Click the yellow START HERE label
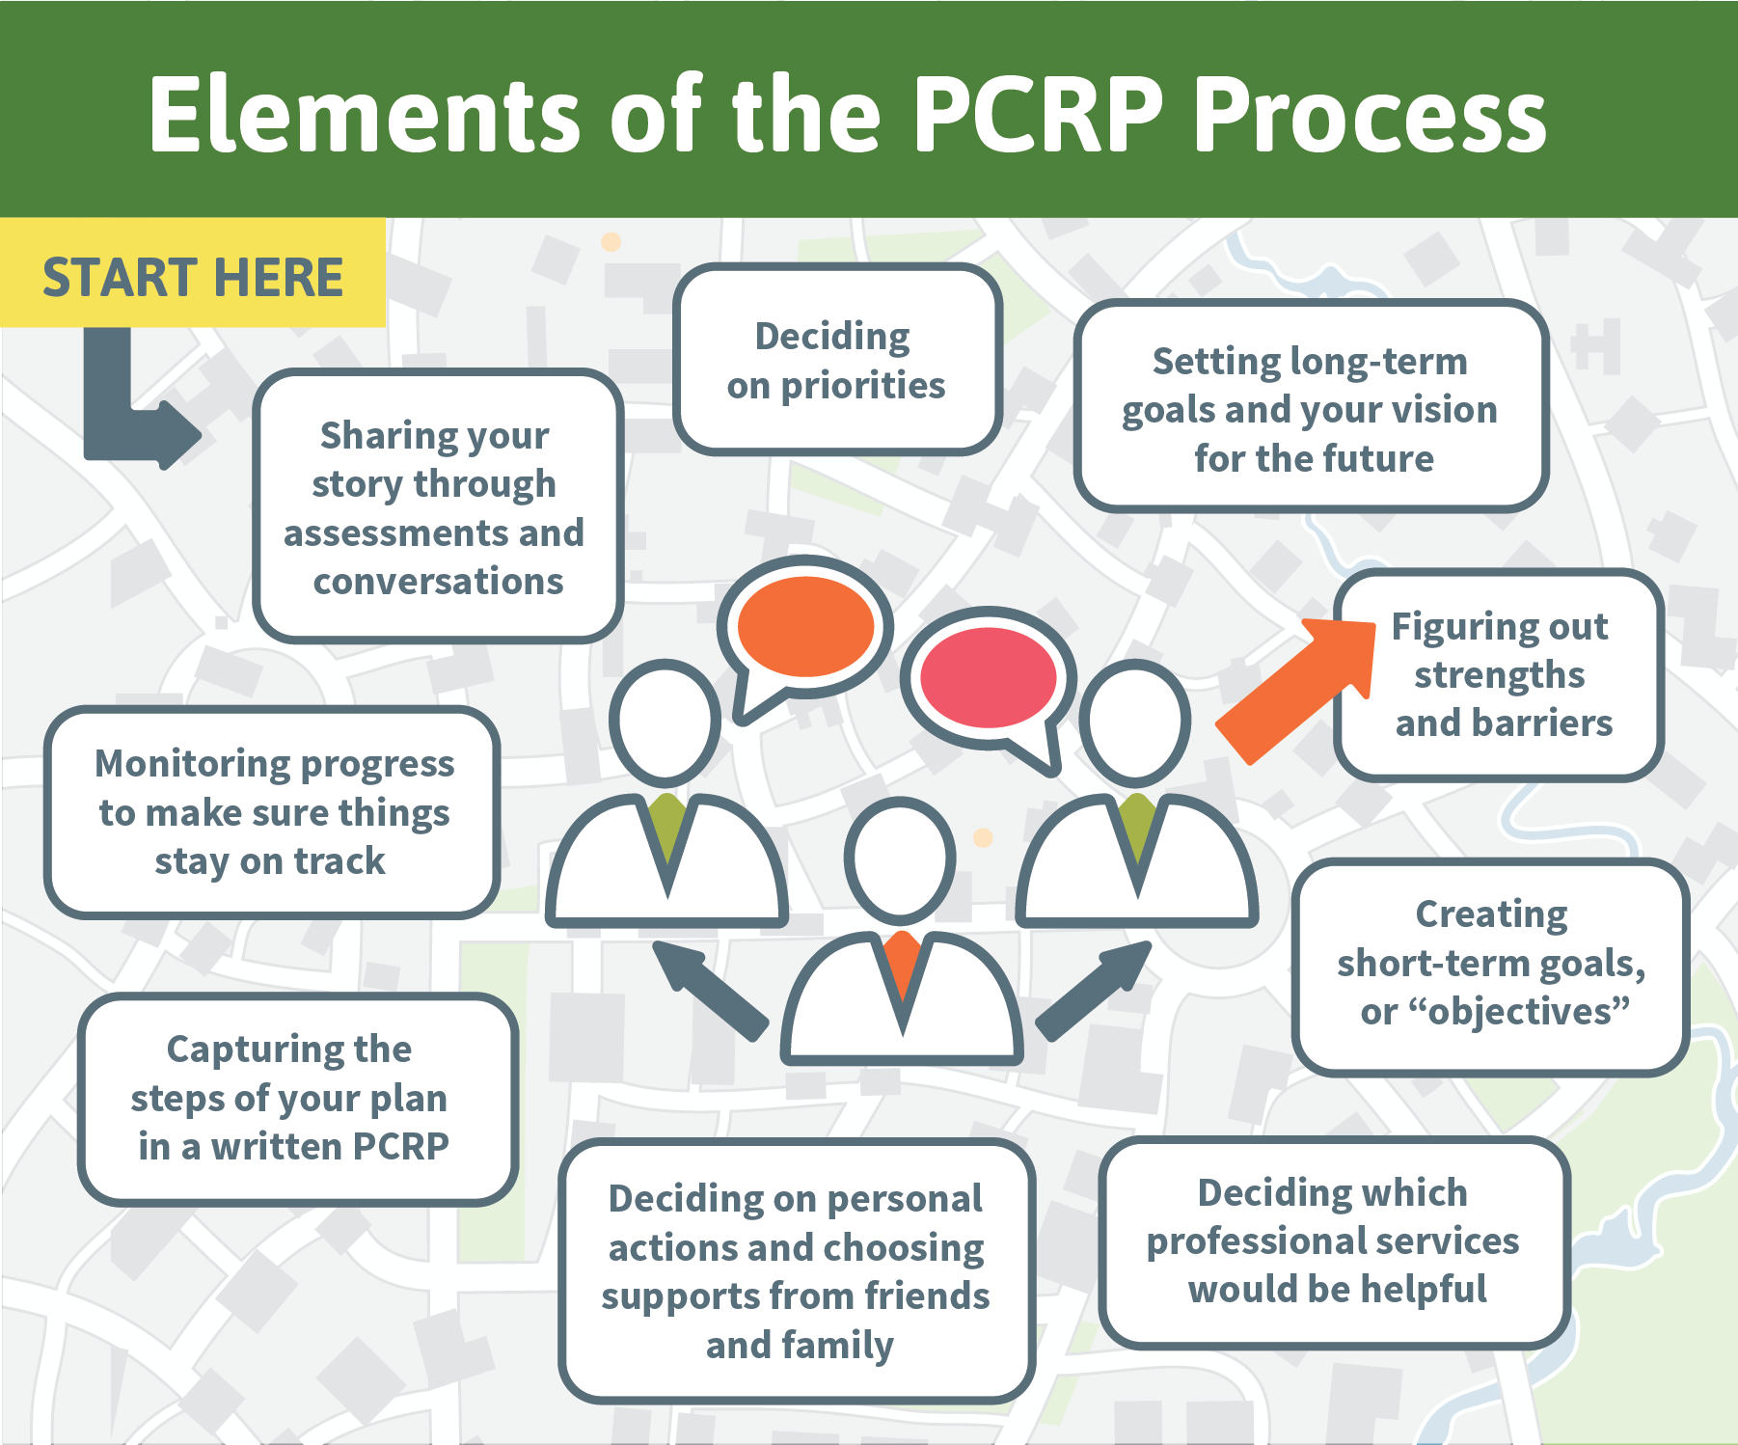coord(193,273)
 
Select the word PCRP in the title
coord(1038,115)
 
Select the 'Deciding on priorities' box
coord(837,360)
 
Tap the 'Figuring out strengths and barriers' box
coord(1499,674)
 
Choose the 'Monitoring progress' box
coord(272,812)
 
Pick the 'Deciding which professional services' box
coord(1335,1241)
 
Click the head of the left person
coord(665,722)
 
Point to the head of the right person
coord(1135,722)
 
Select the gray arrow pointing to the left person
coord(709,990)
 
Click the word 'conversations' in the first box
coord(438,582)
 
